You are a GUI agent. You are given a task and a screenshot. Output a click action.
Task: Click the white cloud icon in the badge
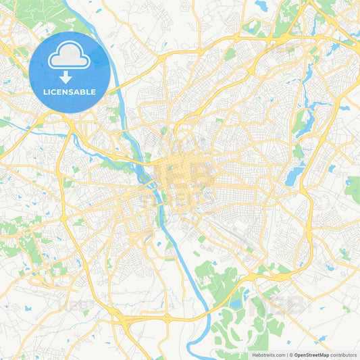point(70,56)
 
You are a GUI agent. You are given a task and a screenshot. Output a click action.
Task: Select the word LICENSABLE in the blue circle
point(70,91)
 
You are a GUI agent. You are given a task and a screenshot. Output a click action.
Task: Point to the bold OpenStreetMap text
point(311,355)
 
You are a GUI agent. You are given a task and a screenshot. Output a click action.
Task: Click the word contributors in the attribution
point(342,355)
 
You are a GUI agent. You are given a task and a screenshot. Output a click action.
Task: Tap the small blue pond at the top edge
point(261,6)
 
